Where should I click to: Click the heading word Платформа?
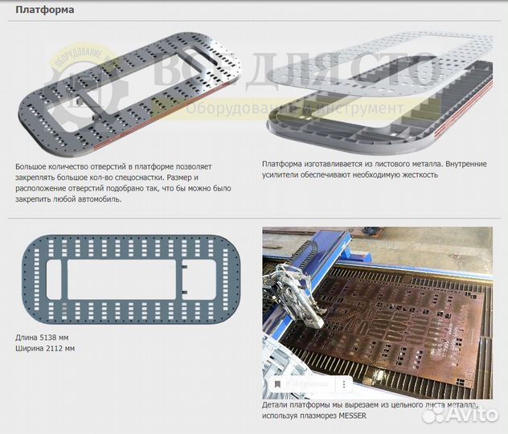click(x=45, y=10)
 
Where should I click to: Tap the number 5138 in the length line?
click(x=51, y=337)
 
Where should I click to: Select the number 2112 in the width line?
click(x=58, y=348)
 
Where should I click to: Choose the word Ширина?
click(x=30, y=348)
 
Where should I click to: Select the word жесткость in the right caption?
click(x=416, y=174)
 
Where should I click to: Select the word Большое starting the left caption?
click(x=34, y=166)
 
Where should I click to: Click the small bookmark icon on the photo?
click(x=277, y=384)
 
